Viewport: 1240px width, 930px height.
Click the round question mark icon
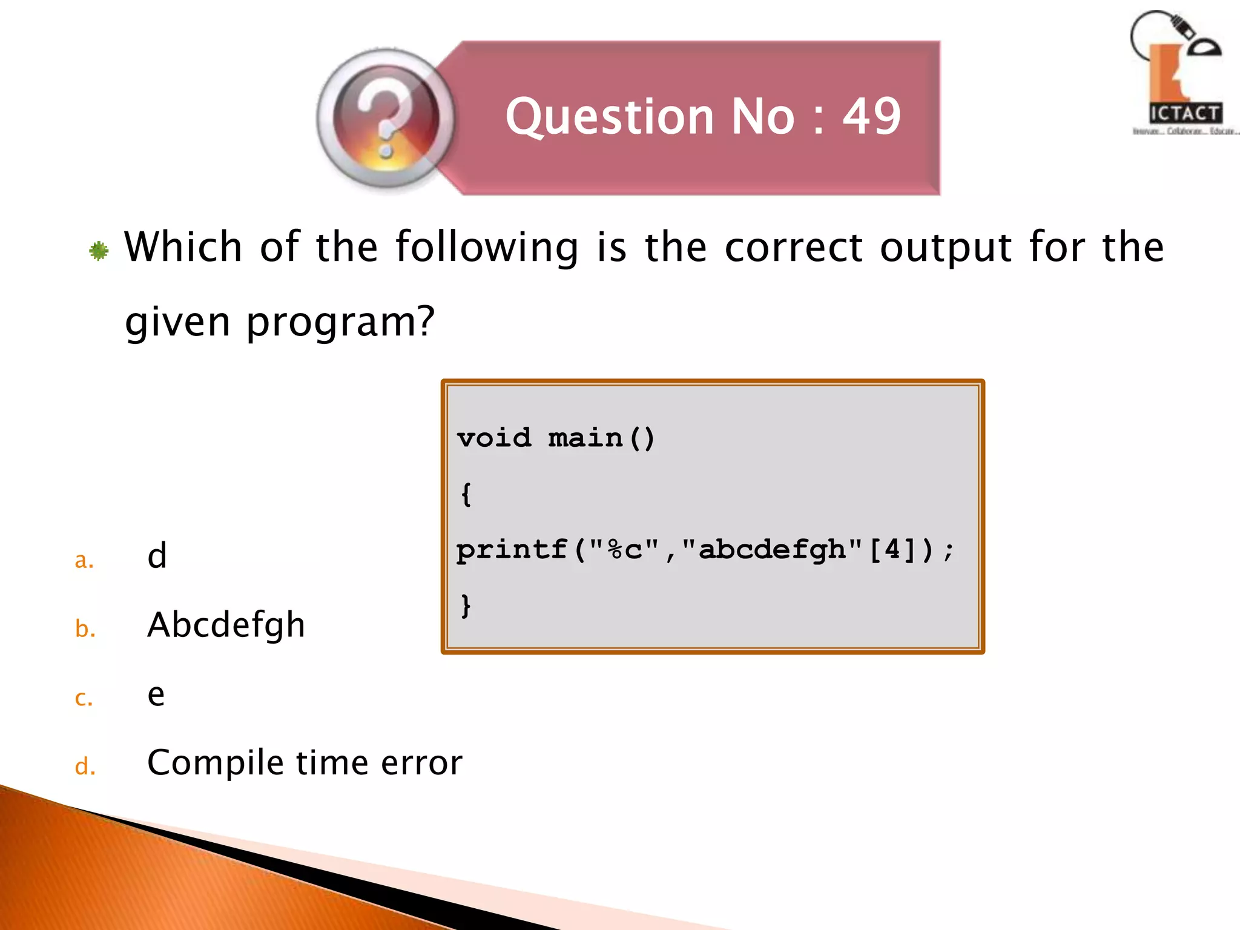[x=386, y=119]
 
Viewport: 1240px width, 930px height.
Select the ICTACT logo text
[x=1184, y=113]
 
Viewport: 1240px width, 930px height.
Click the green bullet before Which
[x=99, y=251]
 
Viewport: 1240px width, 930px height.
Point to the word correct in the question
[x=793, y=247]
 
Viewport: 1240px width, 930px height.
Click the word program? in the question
[x=340, y=322]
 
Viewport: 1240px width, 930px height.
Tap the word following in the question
[x=487, y=248]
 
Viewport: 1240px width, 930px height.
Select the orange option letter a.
[x=84, y=560]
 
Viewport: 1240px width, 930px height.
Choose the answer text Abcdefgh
[x=226, y=625]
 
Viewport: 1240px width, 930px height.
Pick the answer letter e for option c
[x=156, y=695]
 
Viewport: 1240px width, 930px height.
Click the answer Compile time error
[x=305, y=762]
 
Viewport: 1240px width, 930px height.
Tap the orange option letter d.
[x=85, y=767]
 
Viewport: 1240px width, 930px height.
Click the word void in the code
[x=494, y=438]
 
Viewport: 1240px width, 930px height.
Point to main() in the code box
[x=601, y=438]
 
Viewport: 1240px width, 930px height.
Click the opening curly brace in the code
[x=466, y=494]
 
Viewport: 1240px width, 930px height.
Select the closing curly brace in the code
[x=466, y=605]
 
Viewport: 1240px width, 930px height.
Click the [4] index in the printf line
[x=892, y=550]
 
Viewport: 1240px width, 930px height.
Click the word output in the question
[x=946, y=247]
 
